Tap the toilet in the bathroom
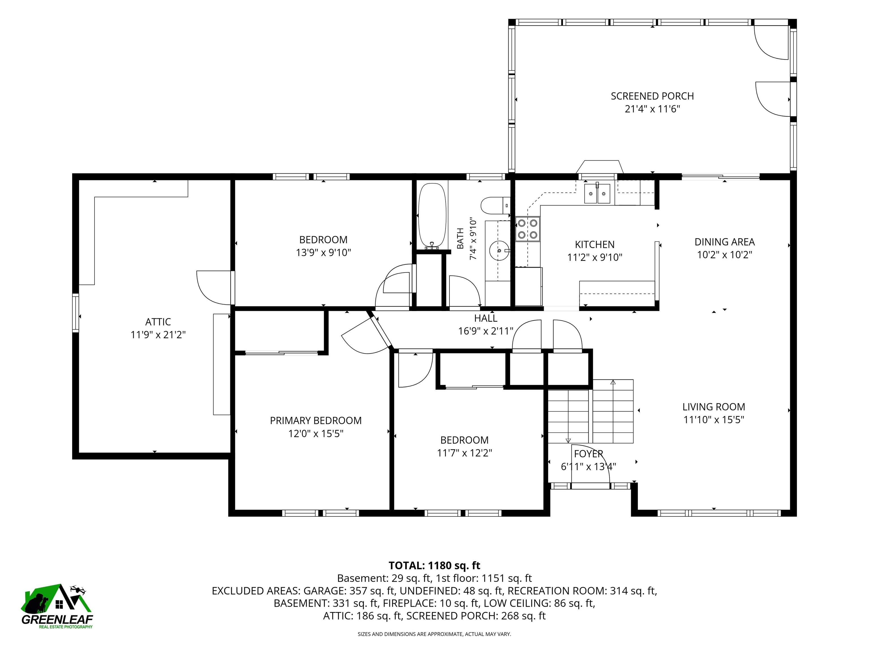pyautogui.click(x=495, y=205)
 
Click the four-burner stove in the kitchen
pyautogui.click(x=528, y=229)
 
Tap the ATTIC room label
pyautogui.click(x=158, y=322)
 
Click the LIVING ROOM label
pyautogui.click(x=713, y=407)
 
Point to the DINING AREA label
pyautogui.click(x=724, y=242)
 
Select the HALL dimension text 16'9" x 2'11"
pyautogui.click(x=486, y=331)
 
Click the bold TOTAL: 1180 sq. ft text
pyautogui.click(x=434, y=565)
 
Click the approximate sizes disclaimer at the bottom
pyautogui.click(x=434, y=634)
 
